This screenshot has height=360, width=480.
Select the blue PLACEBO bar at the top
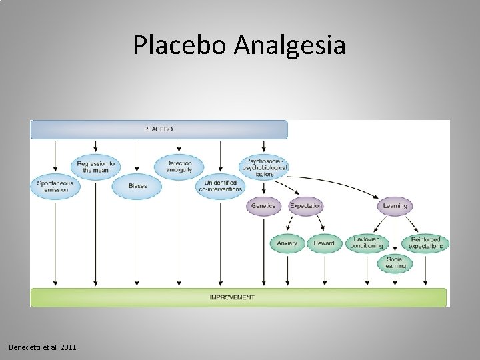[159, 129]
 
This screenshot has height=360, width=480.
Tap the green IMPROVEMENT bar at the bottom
[238, 297]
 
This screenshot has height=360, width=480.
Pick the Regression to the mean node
[95, 166]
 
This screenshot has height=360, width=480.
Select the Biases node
[137, 186]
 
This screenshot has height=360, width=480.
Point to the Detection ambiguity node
[178, 166]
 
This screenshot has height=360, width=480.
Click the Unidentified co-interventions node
[220, 186]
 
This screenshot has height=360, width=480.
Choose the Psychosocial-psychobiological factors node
[264, 166]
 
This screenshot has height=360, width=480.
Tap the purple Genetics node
[263, 206]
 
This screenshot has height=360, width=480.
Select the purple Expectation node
[306, 206]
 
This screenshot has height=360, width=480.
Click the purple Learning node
[395, 206]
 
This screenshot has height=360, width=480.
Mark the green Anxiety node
[287, 243]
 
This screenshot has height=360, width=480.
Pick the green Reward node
[324, 243]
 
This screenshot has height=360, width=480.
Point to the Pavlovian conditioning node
[367, 243]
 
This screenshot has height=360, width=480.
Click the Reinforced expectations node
[426, 243]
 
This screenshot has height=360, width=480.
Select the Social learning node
[395, 263]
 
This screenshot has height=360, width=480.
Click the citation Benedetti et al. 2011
[43, 347]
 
